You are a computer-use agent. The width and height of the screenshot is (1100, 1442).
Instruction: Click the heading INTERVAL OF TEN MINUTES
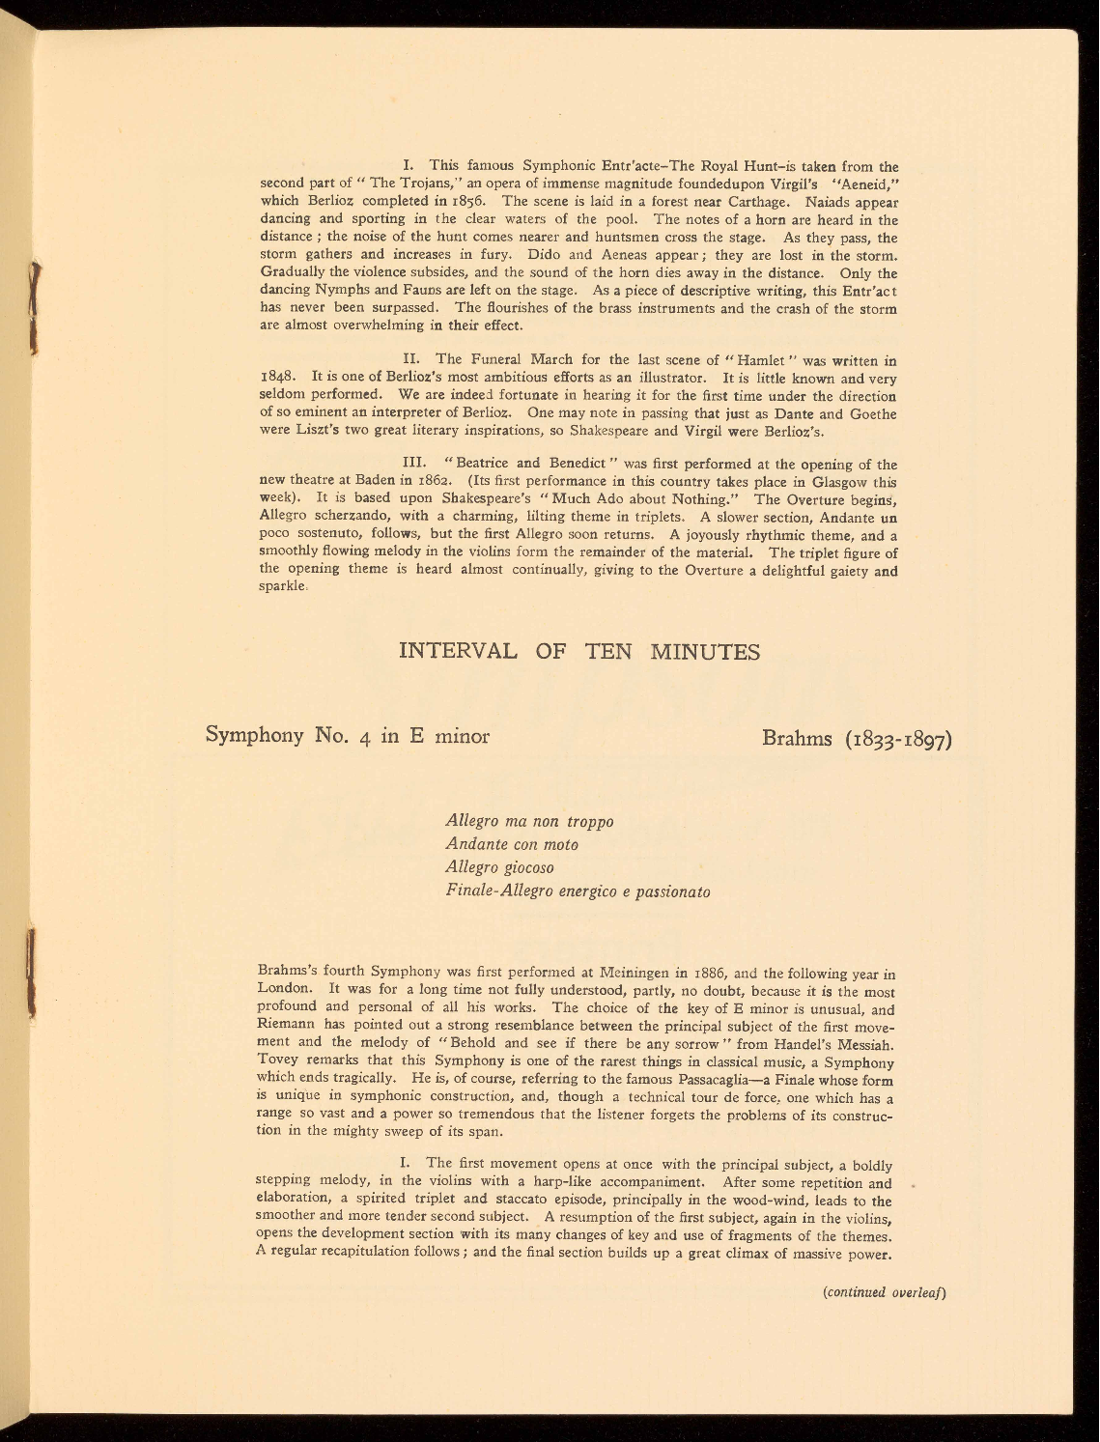click(579, 652)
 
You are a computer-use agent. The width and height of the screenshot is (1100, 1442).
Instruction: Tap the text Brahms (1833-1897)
click(858, 739)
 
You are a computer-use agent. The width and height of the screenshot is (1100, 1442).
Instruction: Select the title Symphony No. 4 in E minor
click(349, 737)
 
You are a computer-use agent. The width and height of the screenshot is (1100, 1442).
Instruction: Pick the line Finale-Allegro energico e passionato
click(578, 891)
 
